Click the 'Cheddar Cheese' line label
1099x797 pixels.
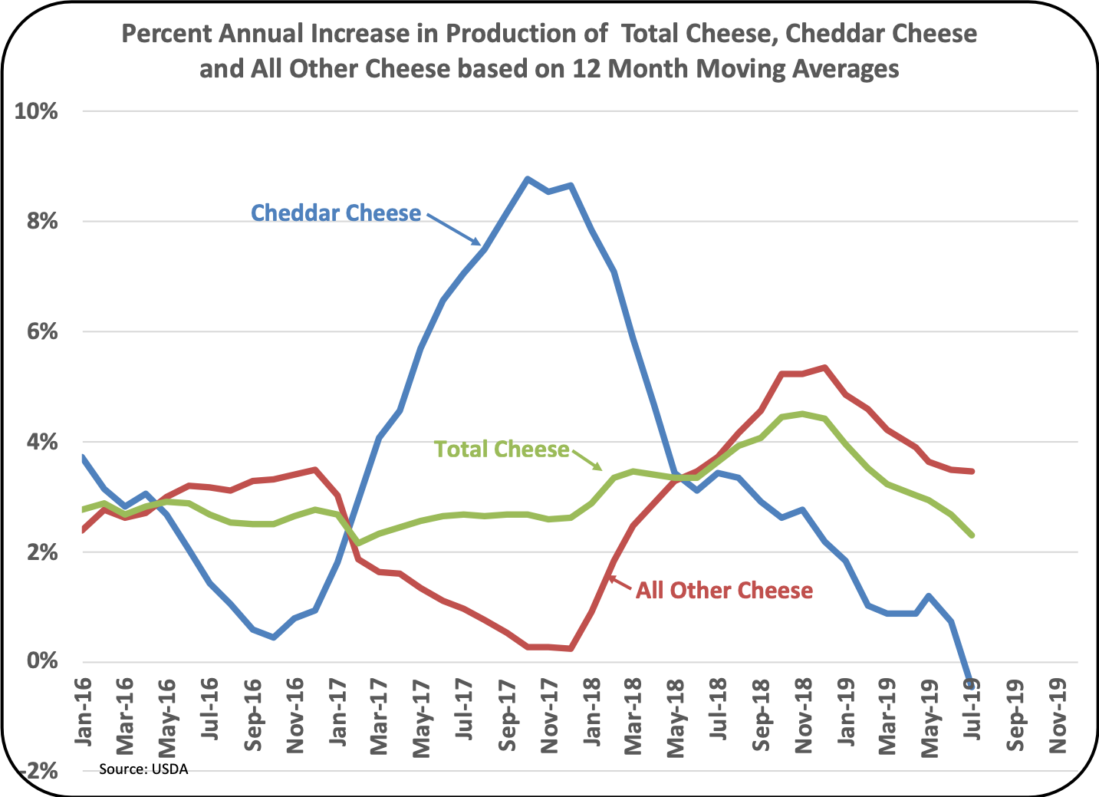tap(336, 212)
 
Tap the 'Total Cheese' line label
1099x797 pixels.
tap(502, 449)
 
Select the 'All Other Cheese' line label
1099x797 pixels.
tap(724, 590)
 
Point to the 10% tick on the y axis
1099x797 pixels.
tap(36, 111)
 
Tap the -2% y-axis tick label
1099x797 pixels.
tap(36, 771)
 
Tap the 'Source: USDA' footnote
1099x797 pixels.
tap(143, 769)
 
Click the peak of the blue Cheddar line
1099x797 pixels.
tap(528, 179)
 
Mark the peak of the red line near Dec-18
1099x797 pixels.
tap(824, 367)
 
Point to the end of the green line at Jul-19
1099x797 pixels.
tap(972, 535)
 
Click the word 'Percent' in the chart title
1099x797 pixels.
tap(163, 34)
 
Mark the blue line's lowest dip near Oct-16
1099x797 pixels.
tap(273, 637)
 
